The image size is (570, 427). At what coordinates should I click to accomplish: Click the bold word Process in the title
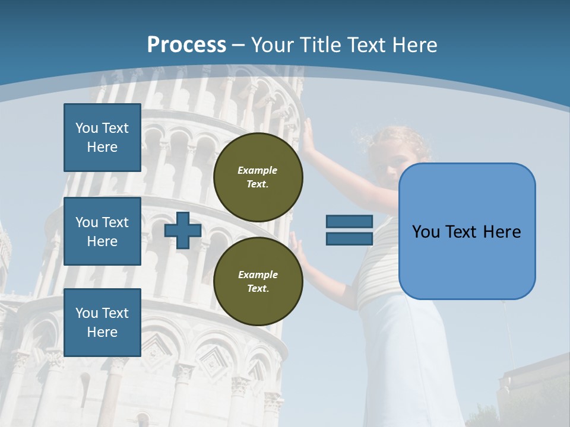click(186, 45)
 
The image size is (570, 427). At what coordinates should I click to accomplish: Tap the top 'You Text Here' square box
click(102, 138)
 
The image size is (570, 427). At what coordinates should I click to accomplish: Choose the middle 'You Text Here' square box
click(102, 231)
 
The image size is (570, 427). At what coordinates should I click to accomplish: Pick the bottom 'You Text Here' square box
click(102, 322)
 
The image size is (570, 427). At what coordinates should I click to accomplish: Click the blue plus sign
click(182, 230)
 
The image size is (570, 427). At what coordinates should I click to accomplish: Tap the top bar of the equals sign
click(349, 221)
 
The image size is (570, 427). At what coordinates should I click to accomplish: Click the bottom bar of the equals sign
click(349, 239)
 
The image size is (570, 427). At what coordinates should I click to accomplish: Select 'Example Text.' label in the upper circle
click(258, 177)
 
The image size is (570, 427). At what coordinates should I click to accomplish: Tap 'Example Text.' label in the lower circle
click(258, 281)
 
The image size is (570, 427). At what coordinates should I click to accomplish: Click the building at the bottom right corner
click(534, 391)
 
